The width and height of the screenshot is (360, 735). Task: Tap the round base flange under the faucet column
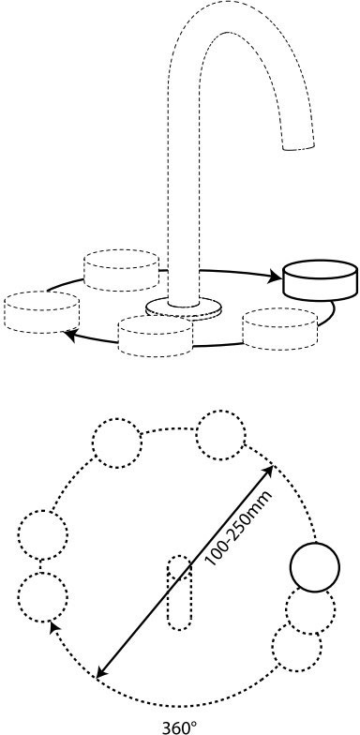click(x=184, y=309)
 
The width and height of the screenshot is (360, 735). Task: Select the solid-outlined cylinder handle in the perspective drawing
click(x=321, y=279)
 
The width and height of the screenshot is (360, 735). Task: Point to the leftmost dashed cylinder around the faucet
click(x=41, y=312)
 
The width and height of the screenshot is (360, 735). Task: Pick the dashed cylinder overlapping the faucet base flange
click(x=156, y=336)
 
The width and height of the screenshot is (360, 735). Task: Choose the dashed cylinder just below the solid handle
click(x=280, y=328)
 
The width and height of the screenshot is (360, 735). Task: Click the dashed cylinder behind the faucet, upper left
click(x=121, y=270)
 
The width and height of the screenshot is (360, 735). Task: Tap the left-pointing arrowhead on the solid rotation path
click(x=70, y=335)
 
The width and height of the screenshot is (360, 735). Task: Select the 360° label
click(x=180, y=727)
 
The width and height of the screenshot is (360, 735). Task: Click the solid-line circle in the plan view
click(x=315, y=567)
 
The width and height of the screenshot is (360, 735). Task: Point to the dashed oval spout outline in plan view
click(x=180, y=592)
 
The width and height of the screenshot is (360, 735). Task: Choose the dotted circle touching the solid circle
click(x=309, y=611)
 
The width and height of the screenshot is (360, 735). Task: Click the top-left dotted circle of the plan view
click(x=117, y=442)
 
